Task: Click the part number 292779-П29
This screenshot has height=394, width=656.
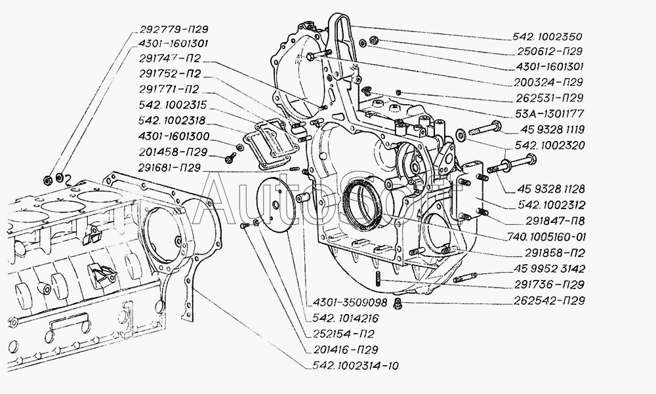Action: (174, 29)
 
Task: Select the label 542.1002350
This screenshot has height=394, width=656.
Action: (547, 37)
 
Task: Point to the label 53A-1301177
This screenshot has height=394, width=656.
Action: (550, 113)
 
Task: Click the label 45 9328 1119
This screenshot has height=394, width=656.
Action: (552, 129)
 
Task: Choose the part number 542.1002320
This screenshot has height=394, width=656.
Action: (550, 145)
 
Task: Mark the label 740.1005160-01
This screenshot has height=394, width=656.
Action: (547, 237)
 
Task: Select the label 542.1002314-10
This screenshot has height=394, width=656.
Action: (356, 366)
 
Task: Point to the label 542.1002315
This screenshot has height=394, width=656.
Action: (173, 105)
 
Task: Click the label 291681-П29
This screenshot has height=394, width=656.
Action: (169, 167)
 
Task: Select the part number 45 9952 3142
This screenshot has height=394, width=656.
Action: (550, 269)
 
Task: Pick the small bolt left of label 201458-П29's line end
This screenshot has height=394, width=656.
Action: (230, 158)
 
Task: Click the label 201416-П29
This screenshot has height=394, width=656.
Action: (346, 349)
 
